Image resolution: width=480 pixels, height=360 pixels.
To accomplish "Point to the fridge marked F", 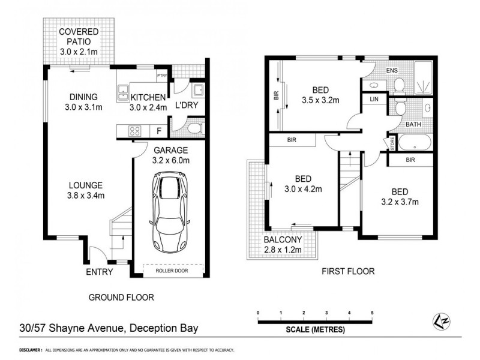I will point(159,130).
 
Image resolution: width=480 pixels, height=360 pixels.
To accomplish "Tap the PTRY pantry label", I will point(161,76).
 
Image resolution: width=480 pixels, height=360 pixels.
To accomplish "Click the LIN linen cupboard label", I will point(374,100).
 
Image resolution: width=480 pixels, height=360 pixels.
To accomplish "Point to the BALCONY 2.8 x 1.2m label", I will point(284,245).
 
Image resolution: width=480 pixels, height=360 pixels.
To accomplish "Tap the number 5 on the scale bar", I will point(373,313).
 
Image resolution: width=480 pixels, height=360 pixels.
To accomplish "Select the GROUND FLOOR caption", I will point(121,297).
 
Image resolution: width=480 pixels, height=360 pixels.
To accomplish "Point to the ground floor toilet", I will point(196,127).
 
